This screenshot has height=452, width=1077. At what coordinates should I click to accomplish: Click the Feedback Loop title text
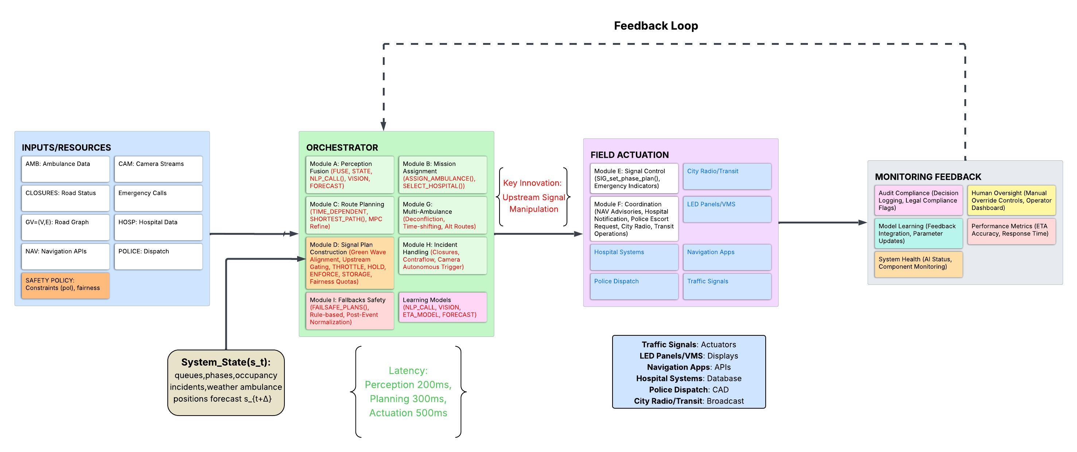[x=656, y=26]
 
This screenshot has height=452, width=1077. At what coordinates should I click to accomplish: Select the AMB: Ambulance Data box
[x=65, y=168]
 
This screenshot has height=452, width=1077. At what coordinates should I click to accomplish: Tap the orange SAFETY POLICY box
[x=65, y=285]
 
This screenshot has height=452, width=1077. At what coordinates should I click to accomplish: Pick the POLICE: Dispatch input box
[x=158, y=256]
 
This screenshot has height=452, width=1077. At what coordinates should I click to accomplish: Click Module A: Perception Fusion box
[x=350, y=174]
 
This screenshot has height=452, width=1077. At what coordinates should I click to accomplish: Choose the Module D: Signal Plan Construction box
[x=350, y=262]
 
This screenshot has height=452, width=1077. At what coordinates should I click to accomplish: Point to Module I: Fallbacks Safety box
[x=350, y=311]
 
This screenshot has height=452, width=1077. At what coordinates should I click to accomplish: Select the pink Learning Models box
[x=442, y=307]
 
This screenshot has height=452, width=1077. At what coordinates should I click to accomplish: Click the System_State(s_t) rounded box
[x=226, y=382]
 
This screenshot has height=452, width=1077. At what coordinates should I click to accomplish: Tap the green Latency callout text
[x=408, y=391]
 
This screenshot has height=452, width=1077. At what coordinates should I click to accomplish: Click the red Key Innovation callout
[x=533, y=196]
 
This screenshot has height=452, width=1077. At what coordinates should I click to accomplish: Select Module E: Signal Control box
[x=634, y=178]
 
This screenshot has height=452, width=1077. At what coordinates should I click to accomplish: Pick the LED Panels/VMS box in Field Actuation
[x=727, y=209]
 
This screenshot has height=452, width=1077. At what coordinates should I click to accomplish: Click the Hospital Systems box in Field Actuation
[x=634, y=257]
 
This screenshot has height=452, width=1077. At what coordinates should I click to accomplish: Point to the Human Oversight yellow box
[x=1011, y=200]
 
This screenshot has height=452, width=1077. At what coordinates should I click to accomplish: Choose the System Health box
[x=918, y=264]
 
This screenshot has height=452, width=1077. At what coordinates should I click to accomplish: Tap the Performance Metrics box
[x=1011, y=231]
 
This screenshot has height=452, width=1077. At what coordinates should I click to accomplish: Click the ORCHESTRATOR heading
[x=342, y=148]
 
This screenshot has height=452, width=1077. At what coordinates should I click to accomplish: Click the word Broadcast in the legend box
[x=725, y=401]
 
